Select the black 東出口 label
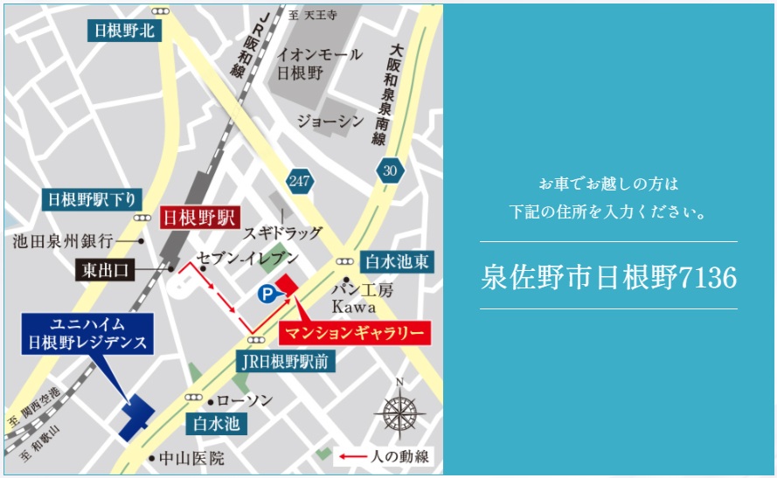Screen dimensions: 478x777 pos(103,270)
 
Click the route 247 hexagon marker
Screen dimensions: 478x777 pos(300,180)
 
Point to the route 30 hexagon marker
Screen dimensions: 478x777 pos(389,170)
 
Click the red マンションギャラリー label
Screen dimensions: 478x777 pos(355,333)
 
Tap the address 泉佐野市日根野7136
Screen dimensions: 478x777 pos(608,277)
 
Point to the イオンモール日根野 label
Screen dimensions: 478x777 pos(319,63)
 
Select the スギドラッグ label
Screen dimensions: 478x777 pos(282,233)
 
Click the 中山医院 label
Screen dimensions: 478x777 pos(191,457)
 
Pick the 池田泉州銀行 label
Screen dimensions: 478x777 pos(64,239)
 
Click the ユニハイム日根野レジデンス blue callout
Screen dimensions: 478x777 pos(87,333)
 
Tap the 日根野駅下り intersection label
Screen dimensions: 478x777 pos(91,200)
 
